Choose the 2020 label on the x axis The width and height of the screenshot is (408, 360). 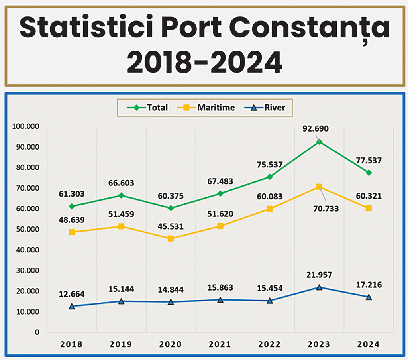click(x=171, y=344)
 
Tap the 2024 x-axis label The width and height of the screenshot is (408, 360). click(x=369, y=344)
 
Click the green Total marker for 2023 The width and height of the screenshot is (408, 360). click(x=319, y=142)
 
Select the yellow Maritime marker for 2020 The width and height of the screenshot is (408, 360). click(x=171, y=238)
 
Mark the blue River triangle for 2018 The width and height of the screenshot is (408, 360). click(x=72, y=306)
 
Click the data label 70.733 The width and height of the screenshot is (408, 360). click(x=325, y=208)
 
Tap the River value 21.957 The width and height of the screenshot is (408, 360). click(x=318, y=275)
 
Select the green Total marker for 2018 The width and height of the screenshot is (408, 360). click(x=72, y=206)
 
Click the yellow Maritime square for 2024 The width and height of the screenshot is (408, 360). click(x=369, y=208)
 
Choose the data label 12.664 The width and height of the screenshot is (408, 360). click(x=72, y=294)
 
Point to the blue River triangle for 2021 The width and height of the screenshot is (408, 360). click(x=220, y=300)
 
